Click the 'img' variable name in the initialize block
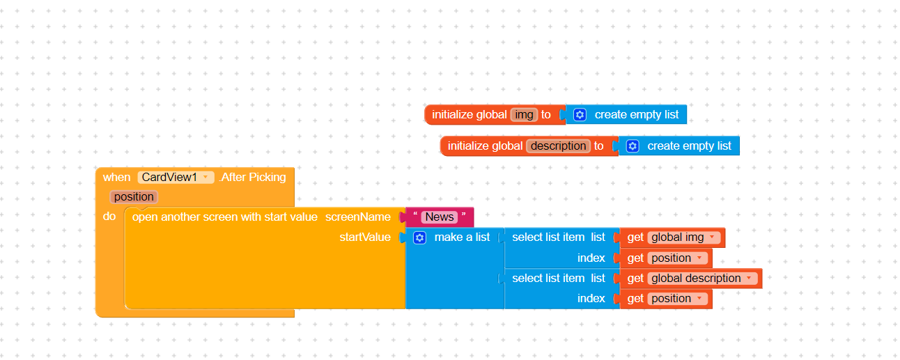tap(524, 115)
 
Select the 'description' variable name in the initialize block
tap(558, 146)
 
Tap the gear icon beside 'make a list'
tap(419, 238)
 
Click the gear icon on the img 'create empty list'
tap(580, 115)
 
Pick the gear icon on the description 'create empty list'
tap(633, 146)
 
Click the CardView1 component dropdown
tap(176, 177)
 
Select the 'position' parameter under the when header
tap(134, 197)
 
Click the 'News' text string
tap(440, 217)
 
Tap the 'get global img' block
tap(672, 237)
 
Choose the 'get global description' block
tap(690, 279)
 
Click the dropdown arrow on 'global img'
tap(712, 237)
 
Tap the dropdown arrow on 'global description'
tap(749, 278)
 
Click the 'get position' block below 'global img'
tap(666, 258)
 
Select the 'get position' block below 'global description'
tap(666, 299)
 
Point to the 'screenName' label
tap(357, 217)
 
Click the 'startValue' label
tap(365, 237)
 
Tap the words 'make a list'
tap(462, 237)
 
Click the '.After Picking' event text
tap(253, 177)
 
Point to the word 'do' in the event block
tap(109, 217)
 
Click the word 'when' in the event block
tap(116, 177)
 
